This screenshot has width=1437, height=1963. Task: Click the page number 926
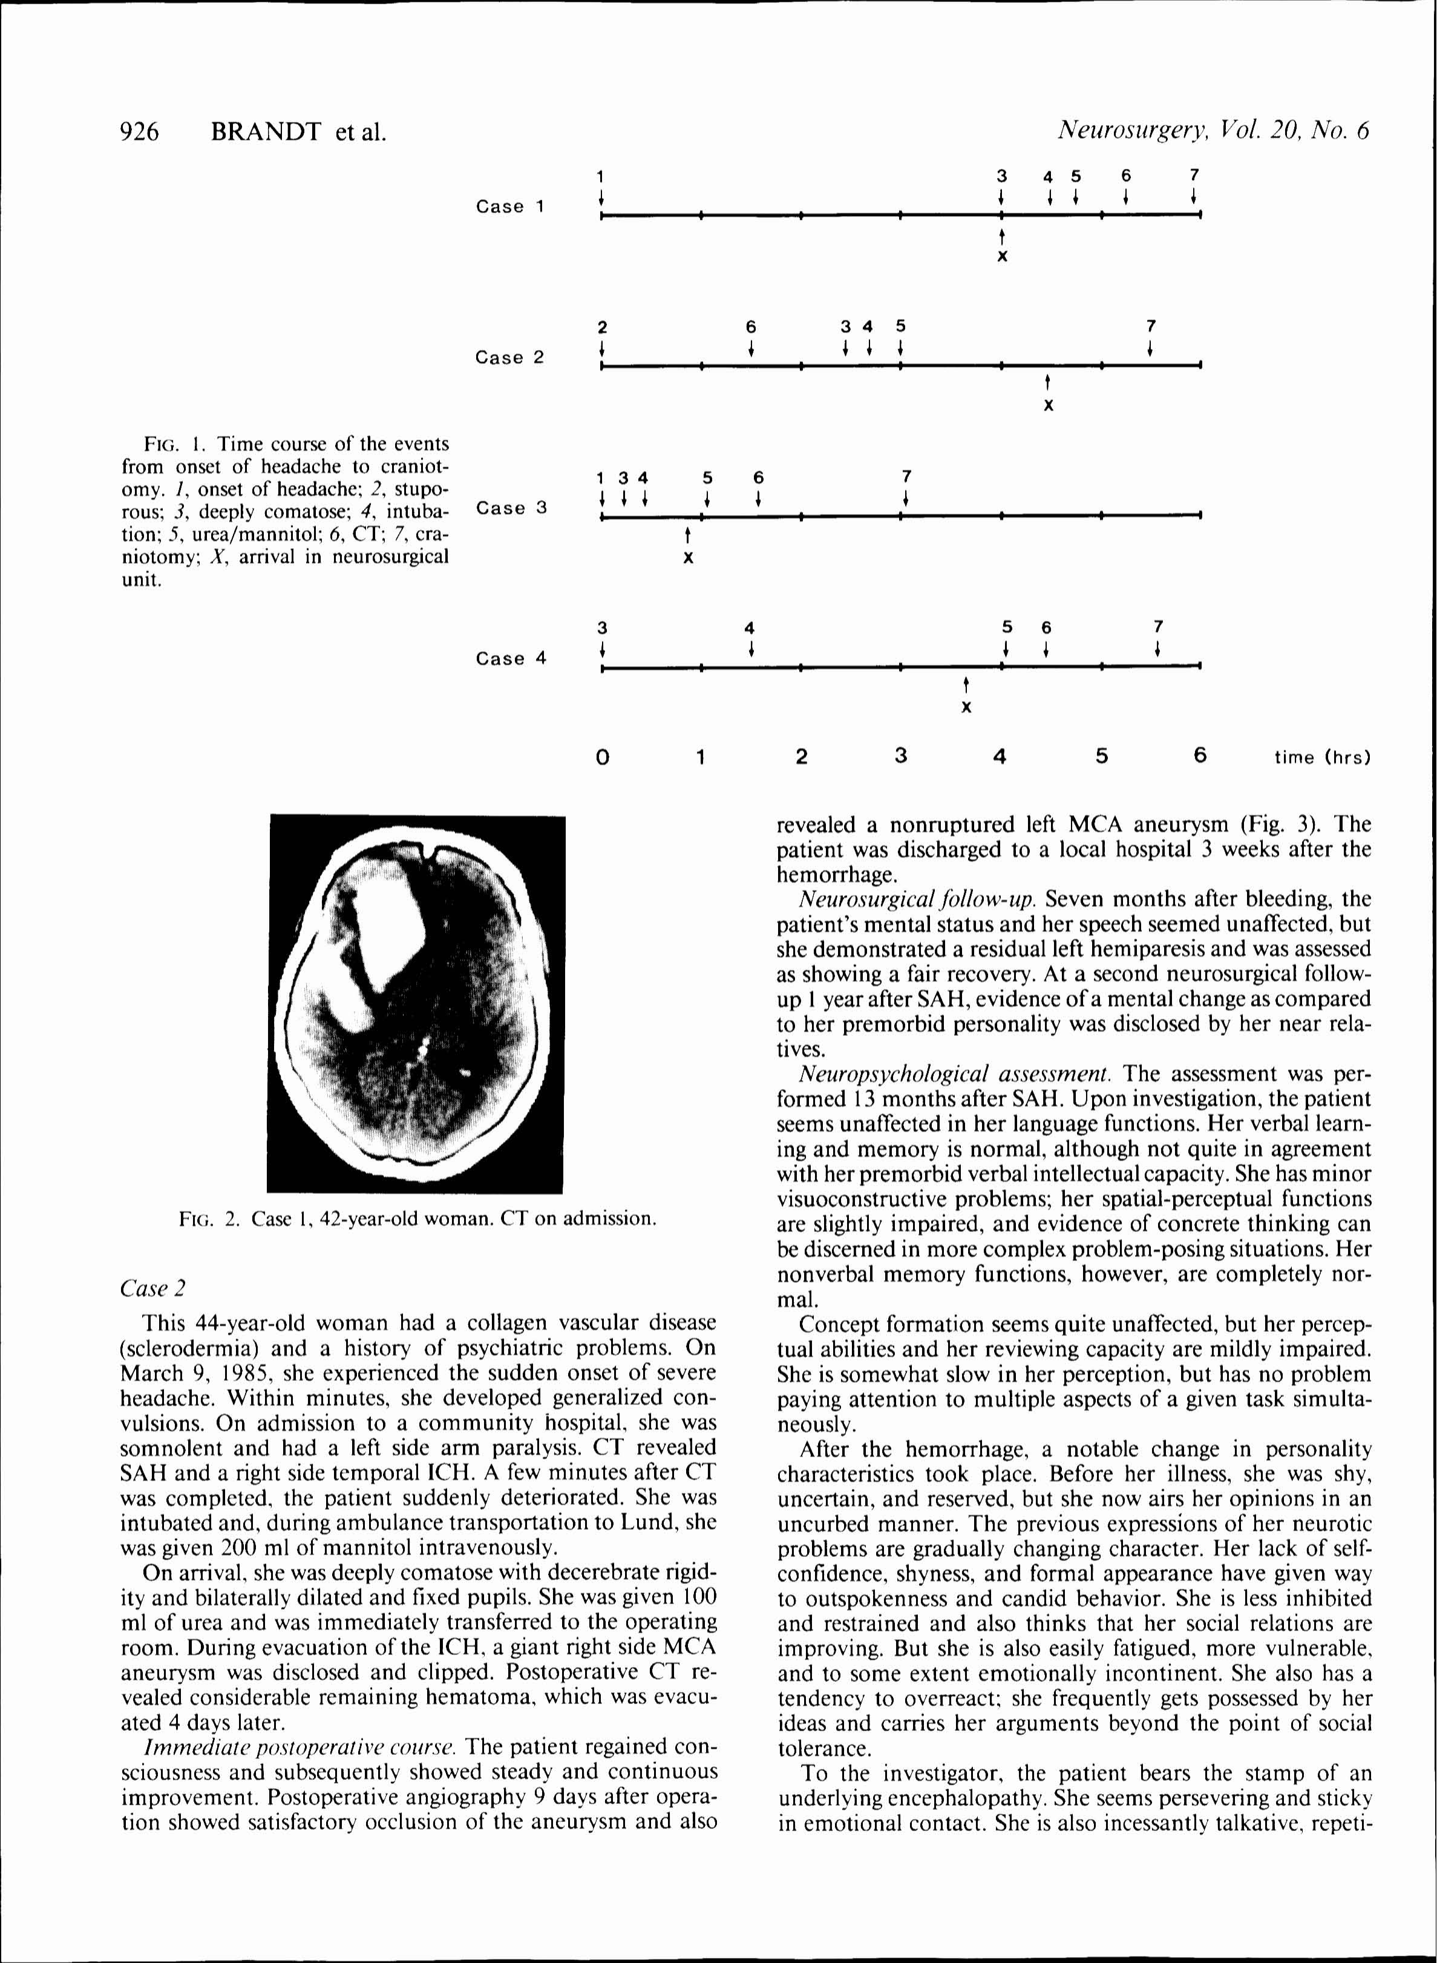pos(140,131)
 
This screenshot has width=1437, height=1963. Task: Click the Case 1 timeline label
pos(509,207)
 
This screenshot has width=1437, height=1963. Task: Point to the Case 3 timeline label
pos(511,508)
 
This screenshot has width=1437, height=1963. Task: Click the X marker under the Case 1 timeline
pos(1002,257)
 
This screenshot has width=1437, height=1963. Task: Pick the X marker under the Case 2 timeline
pos(1048,406)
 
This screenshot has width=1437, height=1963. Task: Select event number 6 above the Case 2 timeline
pos(751,327)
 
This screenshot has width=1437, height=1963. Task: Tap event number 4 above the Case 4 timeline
pos(750,628)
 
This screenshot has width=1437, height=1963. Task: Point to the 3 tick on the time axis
pos(900,756)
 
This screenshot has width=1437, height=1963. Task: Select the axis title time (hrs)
pos(1321,758)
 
